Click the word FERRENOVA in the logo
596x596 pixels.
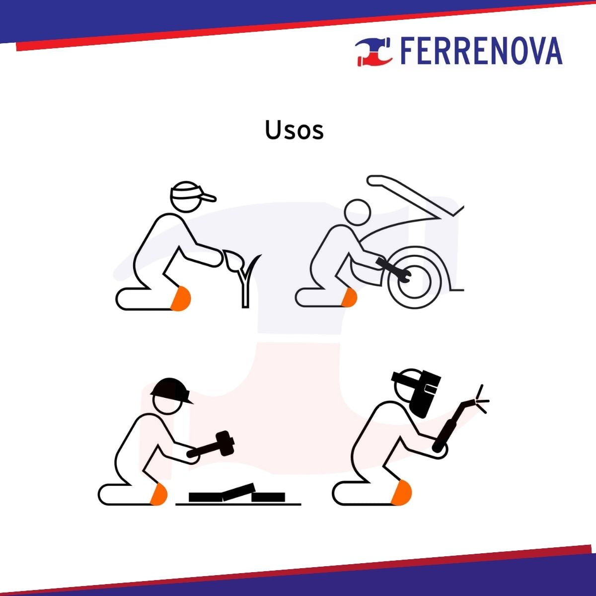click(481, 51)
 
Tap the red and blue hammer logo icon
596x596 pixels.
click(374, 52)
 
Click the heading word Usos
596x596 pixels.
click(294, 130)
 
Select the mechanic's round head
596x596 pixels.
click(358, 212)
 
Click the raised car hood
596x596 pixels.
click(414, 195)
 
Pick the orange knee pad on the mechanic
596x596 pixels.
click(350, 298)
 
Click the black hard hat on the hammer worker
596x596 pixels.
click(171, 391)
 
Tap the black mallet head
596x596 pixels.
click(225, 444)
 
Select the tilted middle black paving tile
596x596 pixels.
click(239, 493)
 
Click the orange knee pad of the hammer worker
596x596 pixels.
click(158, 494)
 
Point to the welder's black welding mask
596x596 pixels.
click(419, 393)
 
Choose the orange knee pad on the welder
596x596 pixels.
click(401, 493)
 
